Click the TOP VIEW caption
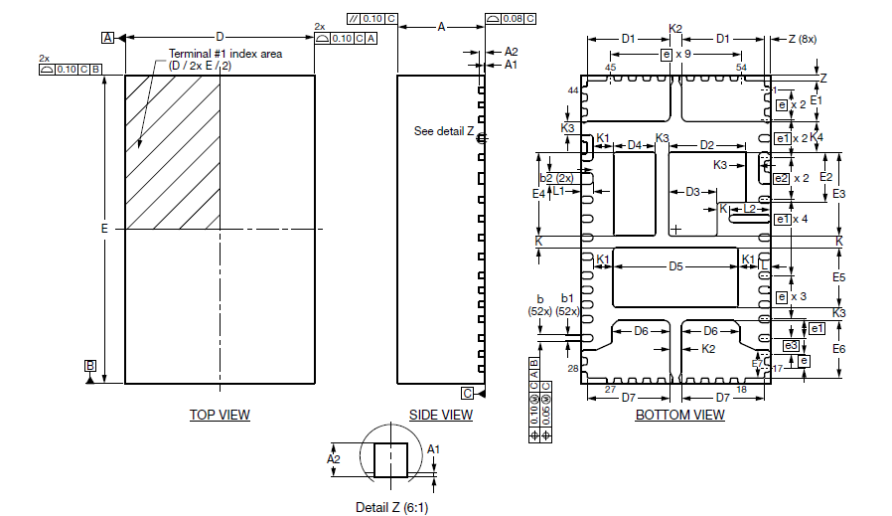click(220, 415)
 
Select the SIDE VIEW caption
click(441, 415)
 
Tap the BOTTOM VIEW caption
click(679, 415)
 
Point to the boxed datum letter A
click(107, 38)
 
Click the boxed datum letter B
click(90, 366)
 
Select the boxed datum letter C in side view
click(467, 392)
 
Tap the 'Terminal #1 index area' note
click(223, 54)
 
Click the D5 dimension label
click(675, 266)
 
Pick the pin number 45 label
click(610, 68)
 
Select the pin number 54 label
click(741, 68)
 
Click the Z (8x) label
click(798, 39)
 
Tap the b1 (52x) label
click(568, 304)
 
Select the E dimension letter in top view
click(104, 230)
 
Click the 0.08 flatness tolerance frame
click(512, 18)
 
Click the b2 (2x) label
click(556, 178)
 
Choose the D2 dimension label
click(707, 145)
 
